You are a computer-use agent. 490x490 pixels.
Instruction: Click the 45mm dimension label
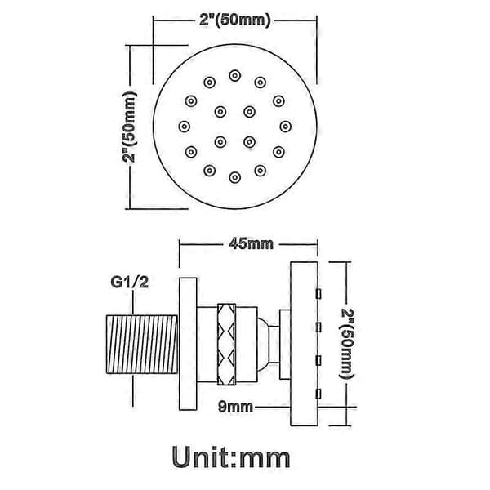click(251, 243)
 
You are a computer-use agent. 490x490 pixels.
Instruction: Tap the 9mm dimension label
click(235, 407)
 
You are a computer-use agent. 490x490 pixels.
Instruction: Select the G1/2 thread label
click(129, 283)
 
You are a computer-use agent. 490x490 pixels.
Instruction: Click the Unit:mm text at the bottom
click(231, 457)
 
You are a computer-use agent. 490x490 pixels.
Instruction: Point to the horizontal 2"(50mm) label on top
click(235, 20)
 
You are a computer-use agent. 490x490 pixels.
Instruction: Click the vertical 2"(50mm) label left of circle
click(129, 127)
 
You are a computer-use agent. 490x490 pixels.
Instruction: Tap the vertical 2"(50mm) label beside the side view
click(346, 344)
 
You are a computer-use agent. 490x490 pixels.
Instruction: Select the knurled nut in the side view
click(226, 344)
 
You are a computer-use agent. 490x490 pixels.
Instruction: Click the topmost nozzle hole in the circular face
click(235, 76)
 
